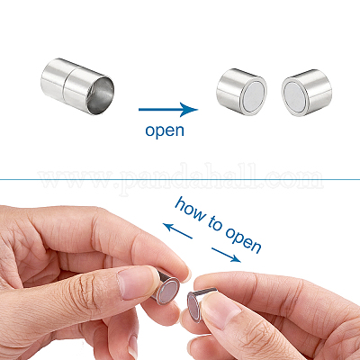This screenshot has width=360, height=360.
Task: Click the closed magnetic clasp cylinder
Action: coord(77,86)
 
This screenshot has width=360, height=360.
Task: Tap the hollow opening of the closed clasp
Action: coord(101,94)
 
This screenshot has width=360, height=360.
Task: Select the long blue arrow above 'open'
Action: coord(168,110)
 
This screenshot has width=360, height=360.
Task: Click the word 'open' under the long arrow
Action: coord(165,130)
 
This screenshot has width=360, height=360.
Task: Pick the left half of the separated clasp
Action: coord(241,92)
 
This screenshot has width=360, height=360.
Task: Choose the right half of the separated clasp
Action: coord(307,92)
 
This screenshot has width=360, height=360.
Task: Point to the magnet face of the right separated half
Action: coord(294,97)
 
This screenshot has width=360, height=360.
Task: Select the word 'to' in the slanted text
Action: coord(215,223)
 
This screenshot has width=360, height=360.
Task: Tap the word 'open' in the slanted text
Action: coord(243,240)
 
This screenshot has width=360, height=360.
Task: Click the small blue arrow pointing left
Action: coord(177,231)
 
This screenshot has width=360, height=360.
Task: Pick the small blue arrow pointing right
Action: coord(226,255)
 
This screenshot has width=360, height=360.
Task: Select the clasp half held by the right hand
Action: coord(200,304)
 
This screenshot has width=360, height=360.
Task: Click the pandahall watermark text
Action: coord(181,179)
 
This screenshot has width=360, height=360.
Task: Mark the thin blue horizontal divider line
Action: coord(180,180)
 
